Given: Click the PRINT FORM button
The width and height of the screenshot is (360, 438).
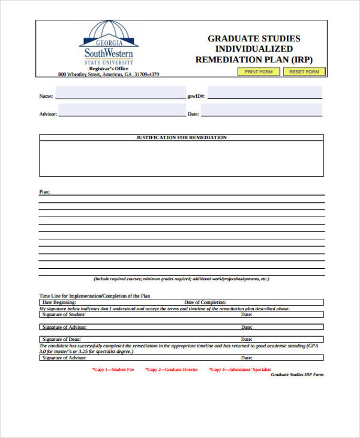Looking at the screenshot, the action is click(258, 72).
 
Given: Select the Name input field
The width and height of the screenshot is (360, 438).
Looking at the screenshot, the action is click(120, 94).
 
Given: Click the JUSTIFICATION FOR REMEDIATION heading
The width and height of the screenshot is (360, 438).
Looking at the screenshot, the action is click(181, 138).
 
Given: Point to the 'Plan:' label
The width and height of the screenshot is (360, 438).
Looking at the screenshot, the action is click(45, 192).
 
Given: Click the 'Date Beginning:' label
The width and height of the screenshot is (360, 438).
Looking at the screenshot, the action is click(59, 302).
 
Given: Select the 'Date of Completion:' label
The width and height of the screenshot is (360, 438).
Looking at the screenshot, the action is click(205, 302).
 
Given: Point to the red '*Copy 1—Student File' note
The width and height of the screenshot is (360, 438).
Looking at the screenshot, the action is click(113, 370).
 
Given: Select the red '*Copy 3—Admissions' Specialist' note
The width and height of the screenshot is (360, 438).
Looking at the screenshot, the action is click(240, 370).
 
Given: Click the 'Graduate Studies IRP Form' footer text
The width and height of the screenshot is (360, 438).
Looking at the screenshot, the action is click(297, 374).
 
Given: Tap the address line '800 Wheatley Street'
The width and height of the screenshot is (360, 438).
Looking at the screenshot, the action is click(109, 74).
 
